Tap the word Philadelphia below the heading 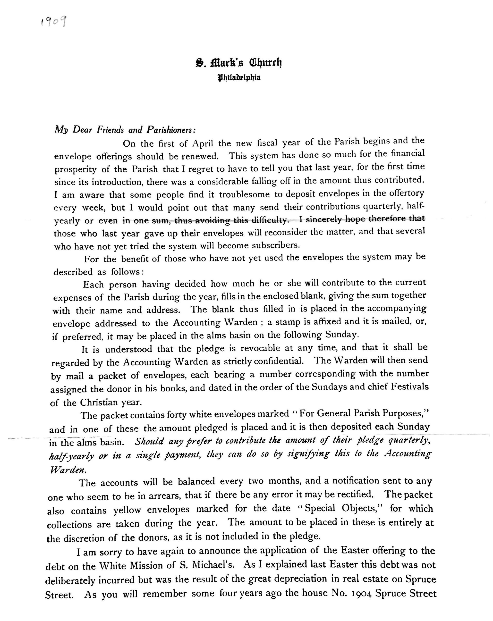pyautogui.click(x=239, y=77)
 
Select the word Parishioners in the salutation pyautogui.click(x=171, y=130)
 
